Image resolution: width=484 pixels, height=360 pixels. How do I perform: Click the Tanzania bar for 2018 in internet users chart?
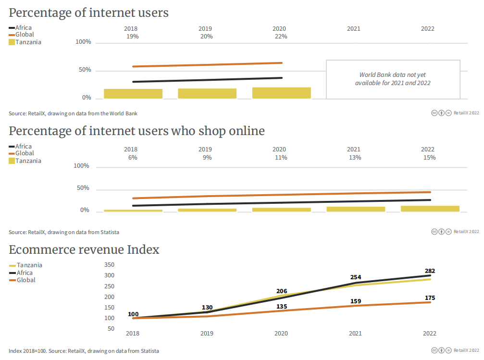click(133, 94)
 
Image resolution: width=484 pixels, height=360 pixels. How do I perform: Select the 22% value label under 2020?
click(281, 37)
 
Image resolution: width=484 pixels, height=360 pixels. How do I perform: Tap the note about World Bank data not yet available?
click(393, 79)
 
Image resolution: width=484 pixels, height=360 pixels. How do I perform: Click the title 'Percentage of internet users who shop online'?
click(137, 131)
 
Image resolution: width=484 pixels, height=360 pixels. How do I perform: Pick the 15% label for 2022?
click(429, 157)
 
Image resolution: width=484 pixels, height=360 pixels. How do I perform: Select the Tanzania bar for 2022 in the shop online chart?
click(430, 209)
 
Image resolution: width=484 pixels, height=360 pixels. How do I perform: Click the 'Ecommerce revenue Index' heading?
click(84, 250)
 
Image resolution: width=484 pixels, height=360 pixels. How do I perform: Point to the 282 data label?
click(430, 271)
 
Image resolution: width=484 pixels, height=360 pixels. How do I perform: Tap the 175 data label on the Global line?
click(430, 298)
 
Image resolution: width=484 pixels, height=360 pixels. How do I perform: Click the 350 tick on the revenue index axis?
click(109, 265)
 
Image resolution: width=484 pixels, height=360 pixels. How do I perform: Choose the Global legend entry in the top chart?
click(25, 35)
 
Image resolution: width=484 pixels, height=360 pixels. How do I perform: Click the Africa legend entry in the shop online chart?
click(24, 147)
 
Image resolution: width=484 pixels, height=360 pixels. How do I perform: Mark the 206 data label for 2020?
click(282, 291)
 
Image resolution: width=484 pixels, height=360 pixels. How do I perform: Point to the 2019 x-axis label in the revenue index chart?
click(207, 333)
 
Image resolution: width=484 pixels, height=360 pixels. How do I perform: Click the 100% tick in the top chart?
click(84, 42)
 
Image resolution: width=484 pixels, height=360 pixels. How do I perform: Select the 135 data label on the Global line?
click(282, 306)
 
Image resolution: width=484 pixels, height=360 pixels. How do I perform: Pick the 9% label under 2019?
click(207, 157)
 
